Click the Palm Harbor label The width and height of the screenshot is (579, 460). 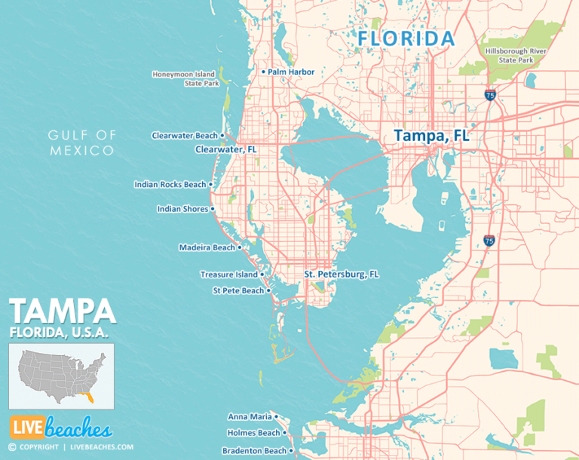290,72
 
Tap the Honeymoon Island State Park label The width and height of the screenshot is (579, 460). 185,78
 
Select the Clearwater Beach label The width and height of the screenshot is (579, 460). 185,136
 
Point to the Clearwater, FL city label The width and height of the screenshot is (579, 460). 226,149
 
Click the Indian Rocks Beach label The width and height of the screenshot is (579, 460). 170,184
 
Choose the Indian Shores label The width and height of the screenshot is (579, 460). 182,209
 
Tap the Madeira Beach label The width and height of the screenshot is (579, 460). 207,247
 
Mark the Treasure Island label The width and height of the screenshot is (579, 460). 228,274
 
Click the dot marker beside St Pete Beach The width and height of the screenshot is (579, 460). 269,290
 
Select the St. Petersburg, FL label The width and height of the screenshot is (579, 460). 341,274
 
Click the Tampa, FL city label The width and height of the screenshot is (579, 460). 431,136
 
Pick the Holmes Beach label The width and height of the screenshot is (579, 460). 253,433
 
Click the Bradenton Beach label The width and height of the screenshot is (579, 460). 254,451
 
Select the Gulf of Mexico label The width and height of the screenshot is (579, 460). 82,143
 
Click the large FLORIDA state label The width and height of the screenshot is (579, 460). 406,38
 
